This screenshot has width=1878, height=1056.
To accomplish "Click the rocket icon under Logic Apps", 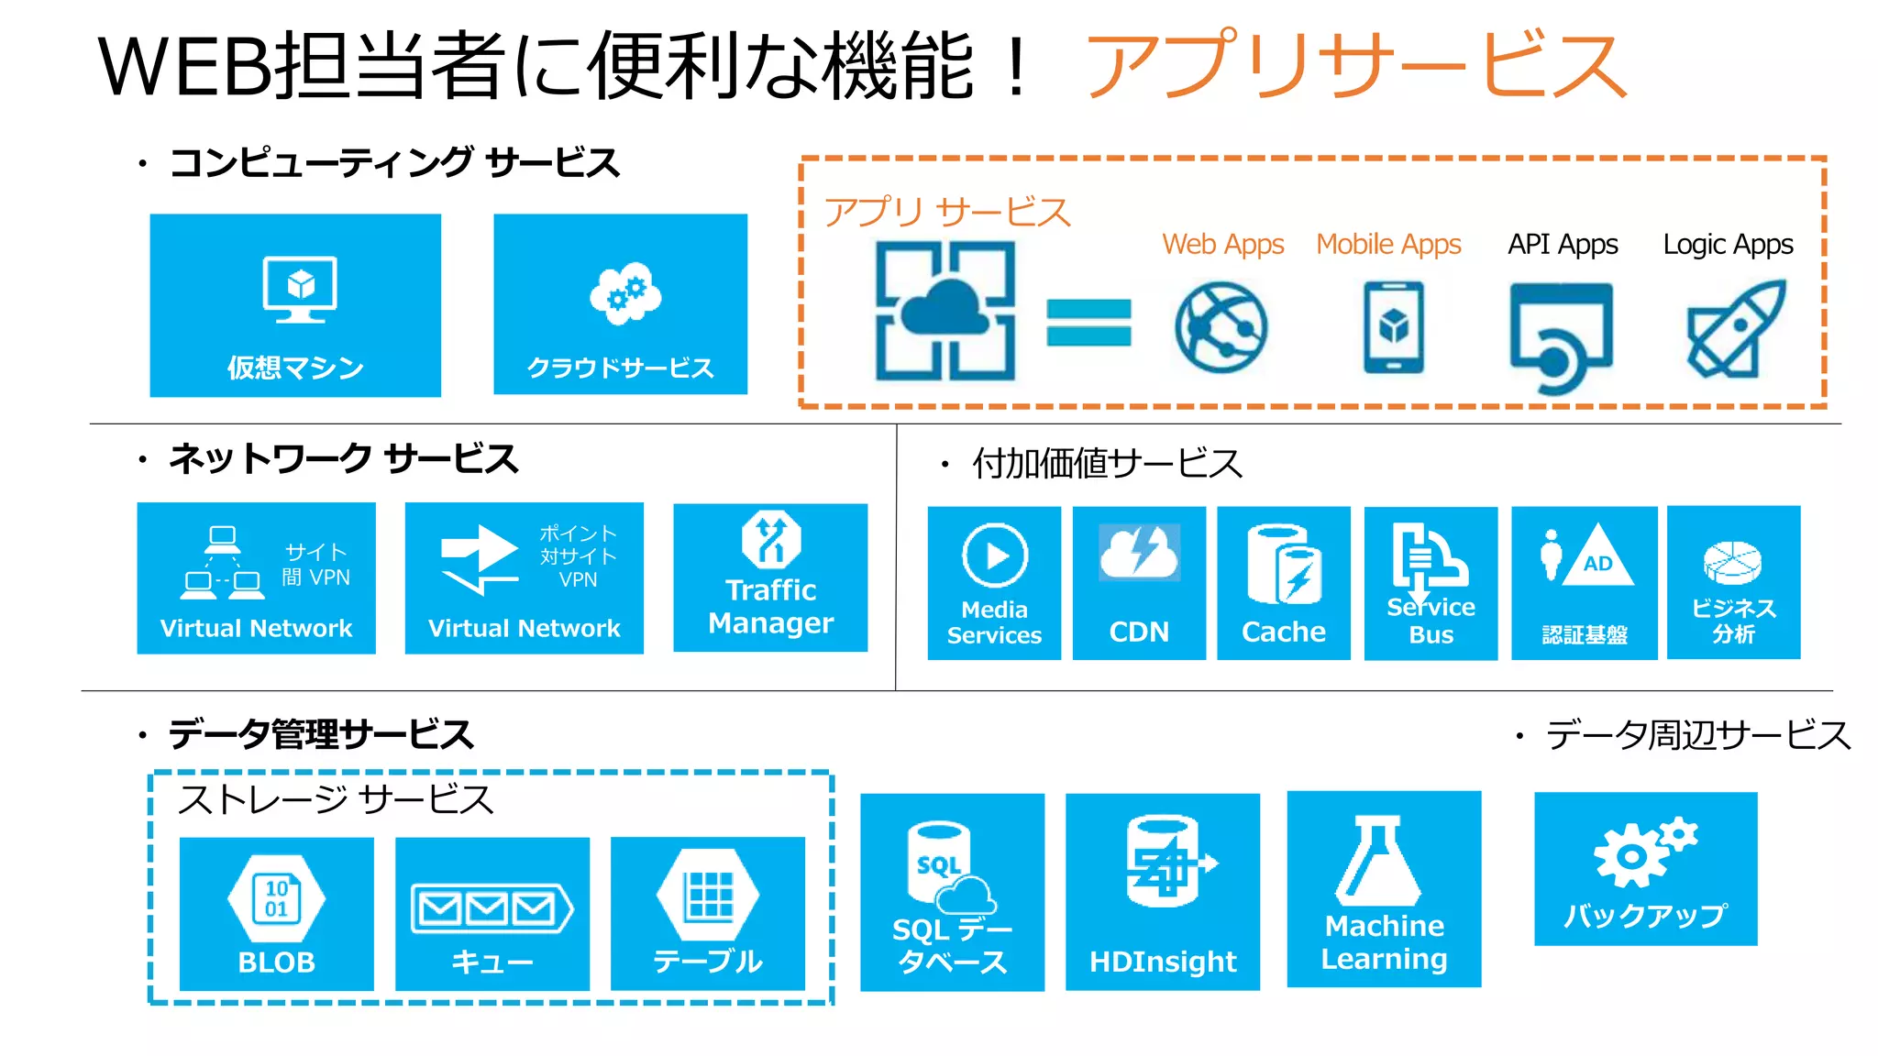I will [1735, 330].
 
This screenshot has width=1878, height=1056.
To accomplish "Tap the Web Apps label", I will [1222, 245].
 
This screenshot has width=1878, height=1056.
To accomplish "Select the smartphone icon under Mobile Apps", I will [1393, 327].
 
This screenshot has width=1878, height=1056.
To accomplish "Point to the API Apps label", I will [1563, 245].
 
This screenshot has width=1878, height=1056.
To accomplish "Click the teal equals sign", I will [1088, 323].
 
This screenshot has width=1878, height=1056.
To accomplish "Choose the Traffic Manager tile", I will [770, 577].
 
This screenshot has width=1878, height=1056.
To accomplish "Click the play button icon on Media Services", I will [995, 555].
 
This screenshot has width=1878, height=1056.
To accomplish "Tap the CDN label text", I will [1139, 632].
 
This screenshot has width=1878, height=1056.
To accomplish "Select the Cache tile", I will [1283, 583].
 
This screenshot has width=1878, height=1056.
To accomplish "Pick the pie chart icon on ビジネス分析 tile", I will [1732, 562].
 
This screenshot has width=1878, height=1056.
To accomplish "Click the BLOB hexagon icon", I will [276, 898].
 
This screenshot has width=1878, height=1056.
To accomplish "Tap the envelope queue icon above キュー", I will [492, 908].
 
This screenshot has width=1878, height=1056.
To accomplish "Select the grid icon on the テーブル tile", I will [709, 895].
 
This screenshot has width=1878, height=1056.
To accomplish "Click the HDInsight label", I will [1163, 962].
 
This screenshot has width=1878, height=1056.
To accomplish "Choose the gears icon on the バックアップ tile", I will [1643, 852].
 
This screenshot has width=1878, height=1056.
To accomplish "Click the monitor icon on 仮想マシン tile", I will [300, 289].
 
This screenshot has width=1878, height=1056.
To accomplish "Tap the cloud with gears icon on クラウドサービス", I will [625, 293].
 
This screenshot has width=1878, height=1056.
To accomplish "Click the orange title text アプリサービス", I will [1355, 66].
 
